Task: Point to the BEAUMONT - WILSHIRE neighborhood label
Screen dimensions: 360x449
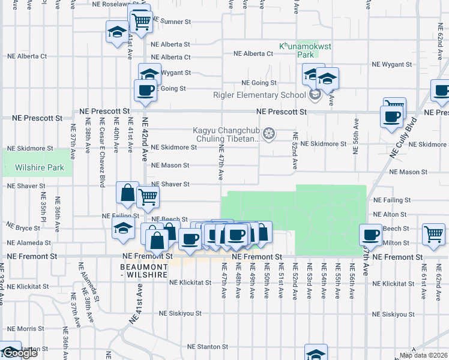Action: pos(143,271)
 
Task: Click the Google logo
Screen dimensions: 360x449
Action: pos(20,353)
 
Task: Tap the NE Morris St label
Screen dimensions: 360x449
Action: pos(22,329)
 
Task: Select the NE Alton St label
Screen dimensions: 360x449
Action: pos(390,214)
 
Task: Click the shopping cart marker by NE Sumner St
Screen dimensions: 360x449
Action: pos(141,21)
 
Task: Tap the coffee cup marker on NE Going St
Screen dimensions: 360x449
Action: pos(145,91)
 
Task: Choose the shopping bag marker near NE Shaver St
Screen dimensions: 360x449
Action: pos(127,193)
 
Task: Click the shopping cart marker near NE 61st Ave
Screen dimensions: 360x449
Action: pos(433,234)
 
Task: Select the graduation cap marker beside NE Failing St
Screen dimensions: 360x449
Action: pos(123,228)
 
